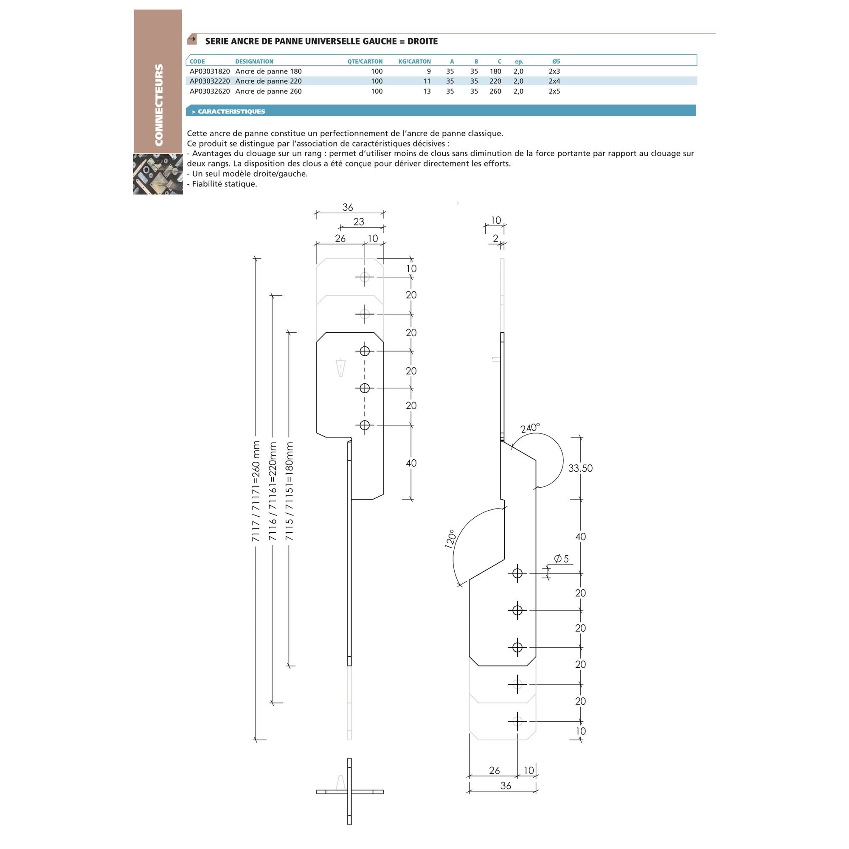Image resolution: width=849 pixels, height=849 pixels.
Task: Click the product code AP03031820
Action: (x=210, y=71)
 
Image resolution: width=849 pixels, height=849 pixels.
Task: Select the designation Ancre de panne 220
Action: (x=269, y=82)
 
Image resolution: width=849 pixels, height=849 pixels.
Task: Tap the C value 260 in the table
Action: (x=495, y=91)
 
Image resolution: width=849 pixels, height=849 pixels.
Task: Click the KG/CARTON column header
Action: (x=414, y=62)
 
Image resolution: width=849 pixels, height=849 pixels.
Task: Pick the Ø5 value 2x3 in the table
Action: (x=554, y=71)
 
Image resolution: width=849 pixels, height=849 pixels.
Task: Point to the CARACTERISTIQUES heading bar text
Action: (x=231, y=112)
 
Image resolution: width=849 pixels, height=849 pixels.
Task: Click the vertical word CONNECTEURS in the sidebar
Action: (x=159, y=105)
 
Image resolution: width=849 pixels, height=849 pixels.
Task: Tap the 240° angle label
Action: (x=530, y=427)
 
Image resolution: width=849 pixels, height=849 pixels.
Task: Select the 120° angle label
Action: (x=450, y=539)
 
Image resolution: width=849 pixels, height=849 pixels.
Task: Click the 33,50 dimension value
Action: (x=580, y=469)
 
